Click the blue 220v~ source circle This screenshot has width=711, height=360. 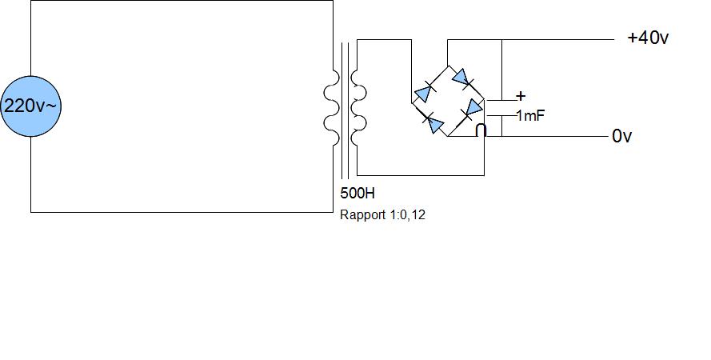click(30, 106)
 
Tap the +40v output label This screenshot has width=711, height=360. click(648, 38)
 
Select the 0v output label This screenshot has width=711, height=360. click(622, 137)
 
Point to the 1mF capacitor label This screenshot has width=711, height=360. click(530, 116)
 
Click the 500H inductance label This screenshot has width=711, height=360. click(357, 194)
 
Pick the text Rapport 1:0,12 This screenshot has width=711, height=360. click(382, 214)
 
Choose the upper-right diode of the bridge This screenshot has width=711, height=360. click(461, 78)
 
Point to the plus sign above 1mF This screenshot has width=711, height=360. click(521, 96)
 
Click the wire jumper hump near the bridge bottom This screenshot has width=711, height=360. click(481, 130)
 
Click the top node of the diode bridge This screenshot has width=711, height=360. click(447, 66)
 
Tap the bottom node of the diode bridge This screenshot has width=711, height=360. click(447, 137)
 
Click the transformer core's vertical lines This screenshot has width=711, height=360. click(346, 110)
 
